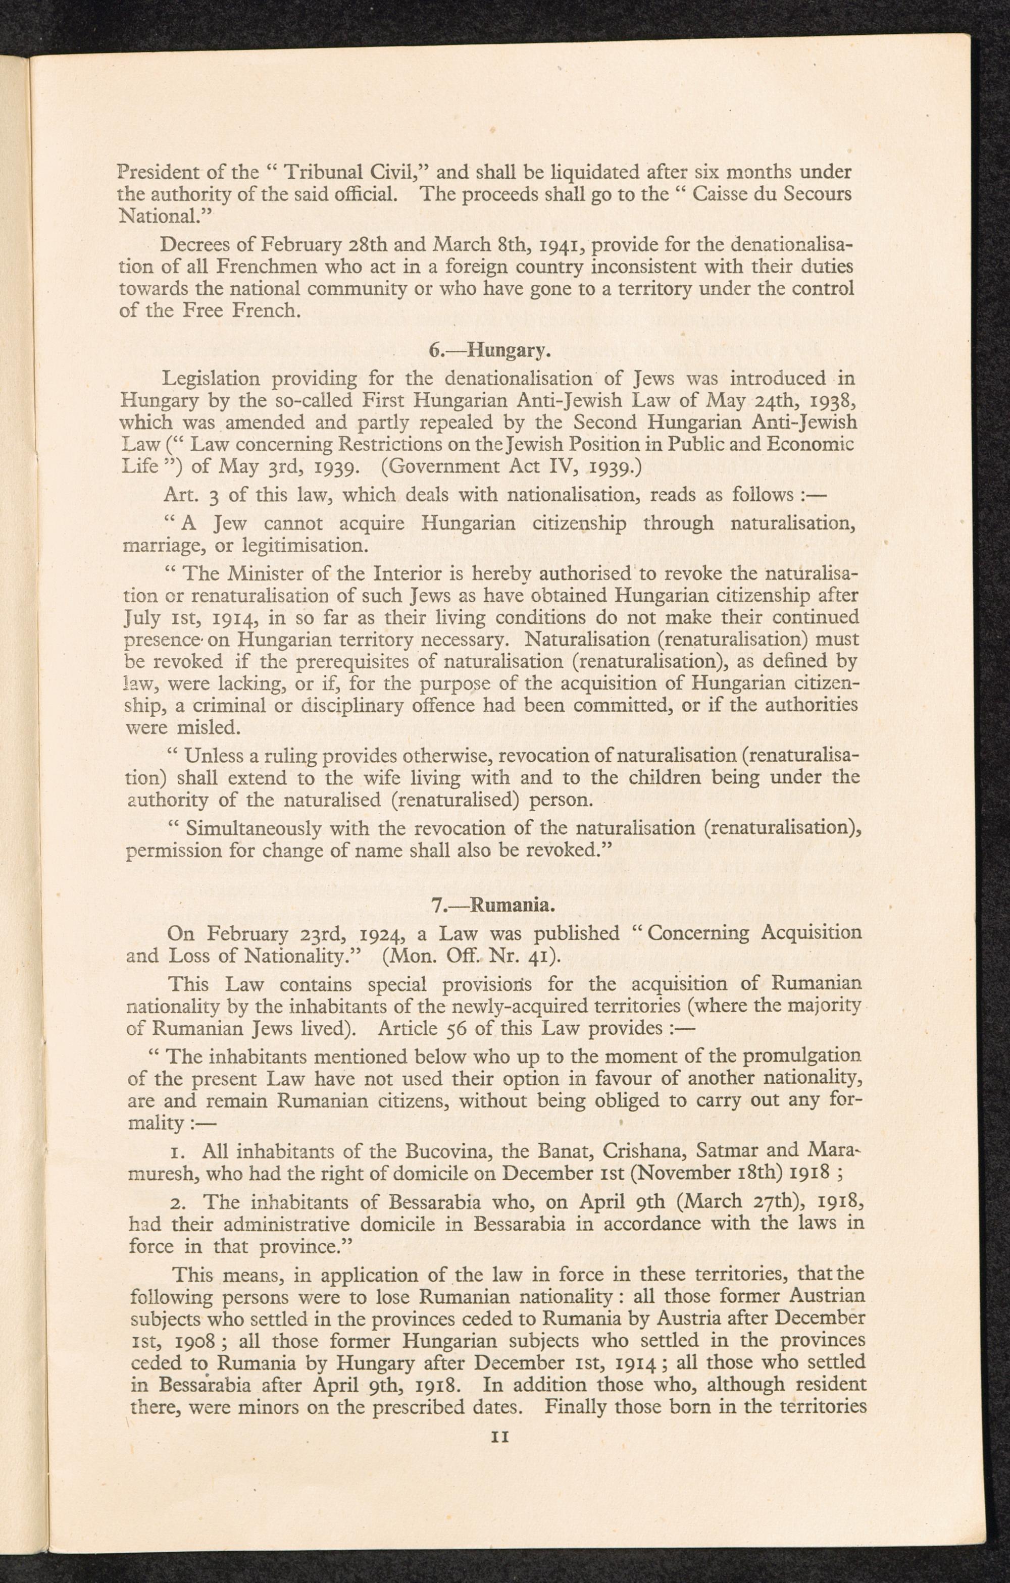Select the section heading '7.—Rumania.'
click(x=494, y=906)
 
